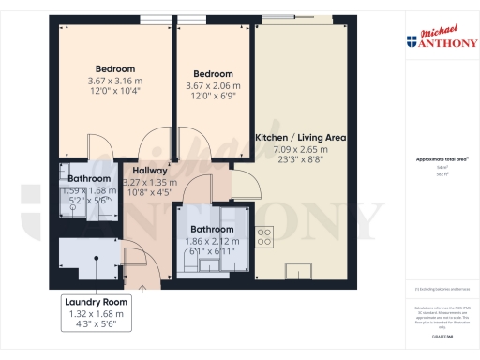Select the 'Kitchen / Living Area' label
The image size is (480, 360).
click(301, 138)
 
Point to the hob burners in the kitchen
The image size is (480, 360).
click(265, 234)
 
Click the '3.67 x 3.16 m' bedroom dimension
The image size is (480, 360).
click(115, 80)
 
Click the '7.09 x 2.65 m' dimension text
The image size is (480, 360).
click(301, 149)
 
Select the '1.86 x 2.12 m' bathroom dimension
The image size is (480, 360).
click(212, 241)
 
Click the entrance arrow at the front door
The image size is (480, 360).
click(142, 288)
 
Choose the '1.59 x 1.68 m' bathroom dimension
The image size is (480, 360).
click(89, 189)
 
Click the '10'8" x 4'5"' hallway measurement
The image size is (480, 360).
click(148, 193)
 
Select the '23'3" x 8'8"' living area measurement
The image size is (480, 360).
click(301, 160)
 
